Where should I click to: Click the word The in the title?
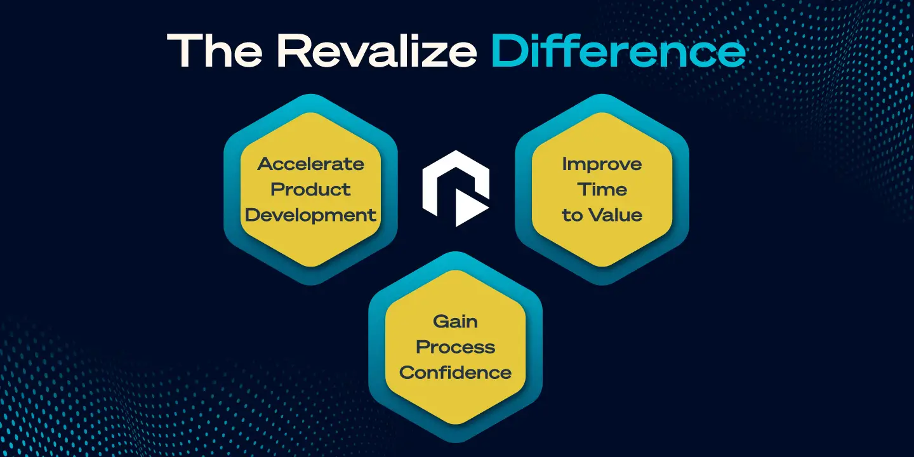pos(215,50)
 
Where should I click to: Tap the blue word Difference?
pos(619,50)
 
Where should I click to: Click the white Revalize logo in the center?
pos(456,188)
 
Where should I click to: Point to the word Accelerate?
pos(310,164)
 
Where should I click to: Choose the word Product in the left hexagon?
pos(310,189)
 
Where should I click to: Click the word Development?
pos(310,215)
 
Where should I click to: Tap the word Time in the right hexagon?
pos(602,189)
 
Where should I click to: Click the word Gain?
pos(455,322)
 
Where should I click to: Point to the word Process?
pos(455,347)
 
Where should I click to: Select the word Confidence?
pos(455,373)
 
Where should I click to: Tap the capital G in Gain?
pos(442,322)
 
